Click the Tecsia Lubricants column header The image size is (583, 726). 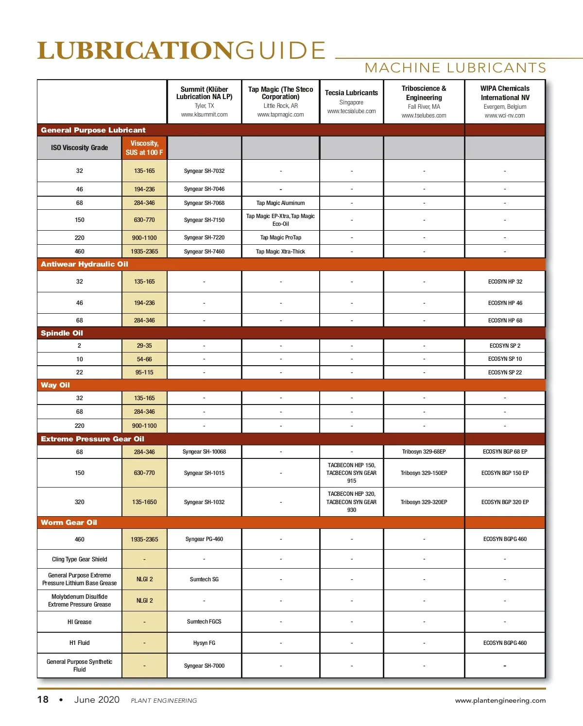351,93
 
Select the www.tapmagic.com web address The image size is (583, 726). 280,115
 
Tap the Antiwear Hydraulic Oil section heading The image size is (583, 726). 85,264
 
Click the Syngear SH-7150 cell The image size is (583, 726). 204,220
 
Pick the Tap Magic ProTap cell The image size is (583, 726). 280,237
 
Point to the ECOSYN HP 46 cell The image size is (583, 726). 505,303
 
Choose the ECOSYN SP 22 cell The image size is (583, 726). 505,372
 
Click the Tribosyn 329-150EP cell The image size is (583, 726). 424,473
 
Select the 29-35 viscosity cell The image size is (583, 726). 144,346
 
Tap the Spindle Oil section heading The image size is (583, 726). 62,333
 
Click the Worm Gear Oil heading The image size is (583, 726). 69,523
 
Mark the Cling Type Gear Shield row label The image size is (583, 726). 79,559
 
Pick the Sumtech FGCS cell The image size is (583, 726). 204,622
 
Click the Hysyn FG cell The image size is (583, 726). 204,643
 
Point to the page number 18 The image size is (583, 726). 43,700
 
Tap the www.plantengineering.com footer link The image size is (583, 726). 500,700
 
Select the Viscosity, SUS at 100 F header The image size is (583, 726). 144,148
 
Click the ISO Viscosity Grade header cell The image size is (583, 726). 79,148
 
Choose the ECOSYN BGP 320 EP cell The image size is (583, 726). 505,502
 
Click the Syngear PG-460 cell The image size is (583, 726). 204,539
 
